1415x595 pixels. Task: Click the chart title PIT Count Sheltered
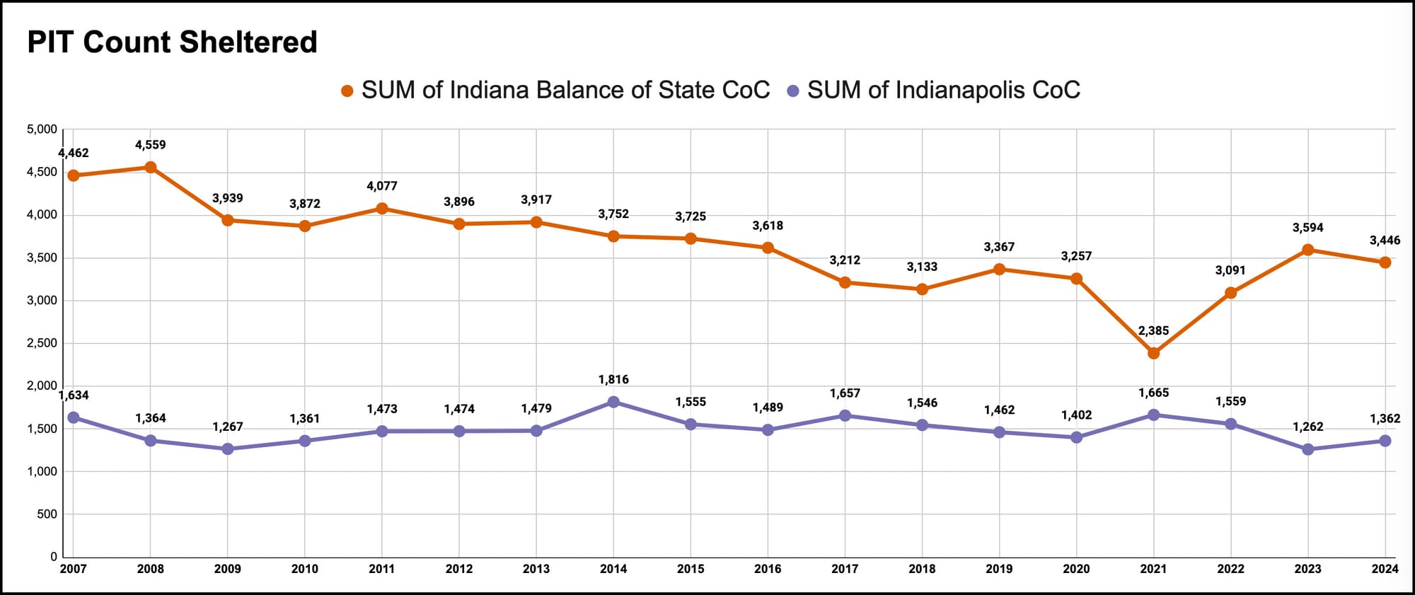tap(172, 42)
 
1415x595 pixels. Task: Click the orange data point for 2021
tap(1153, 352)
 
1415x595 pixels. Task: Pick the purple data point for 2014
tap(613, 402)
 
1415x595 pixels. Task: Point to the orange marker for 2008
tap(150, 168)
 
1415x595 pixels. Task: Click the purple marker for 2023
tap(1307, 449)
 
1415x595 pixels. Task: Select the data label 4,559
tap(150, 145)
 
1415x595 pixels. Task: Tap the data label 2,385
tap(1153, 330)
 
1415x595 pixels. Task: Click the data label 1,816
tap(613, 379)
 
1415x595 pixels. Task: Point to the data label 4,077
tap(382, 186)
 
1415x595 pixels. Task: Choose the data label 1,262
tap(1307, 427)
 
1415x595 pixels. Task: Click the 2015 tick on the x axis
tap(691, 569)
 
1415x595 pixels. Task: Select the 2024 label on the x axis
tap(1385, 569)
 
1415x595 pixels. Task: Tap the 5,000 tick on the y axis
tap(42, 129)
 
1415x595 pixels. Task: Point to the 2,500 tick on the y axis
tap(42, 343)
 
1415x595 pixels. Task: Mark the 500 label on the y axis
tap(47, 514)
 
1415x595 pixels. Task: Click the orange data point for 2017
tap(845, 282)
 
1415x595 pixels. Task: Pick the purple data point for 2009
tap(227, 449)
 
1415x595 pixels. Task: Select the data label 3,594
tap(1307, 228)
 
